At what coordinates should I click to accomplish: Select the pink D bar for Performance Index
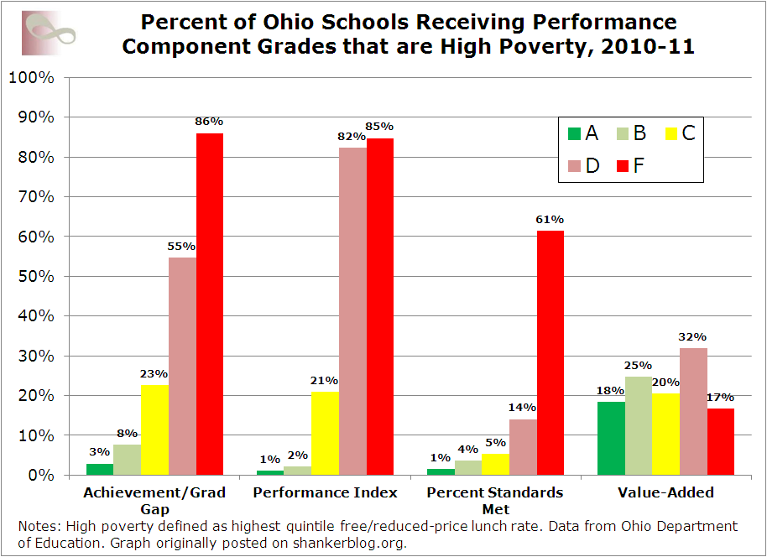[352, 311]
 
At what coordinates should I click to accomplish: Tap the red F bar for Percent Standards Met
[550, 353]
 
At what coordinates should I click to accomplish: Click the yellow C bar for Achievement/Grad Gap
[154, 429]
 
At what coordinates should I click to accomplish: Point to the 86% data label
[210, 122]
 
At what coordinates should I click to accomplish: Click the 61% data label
[550, 220]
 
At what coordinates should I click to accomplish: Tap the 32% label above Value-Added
[693, 337]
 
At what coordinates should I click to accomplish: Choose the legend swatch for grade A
[574, 133]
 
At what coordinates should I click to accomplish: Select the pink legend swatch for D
[574, 165]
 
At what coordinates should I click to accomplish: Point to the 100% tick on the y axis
[31, 78]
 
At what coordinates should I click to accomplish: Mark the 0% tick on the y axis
[38, 476]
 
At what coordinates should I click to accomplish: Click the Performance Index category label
[326, 492]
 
